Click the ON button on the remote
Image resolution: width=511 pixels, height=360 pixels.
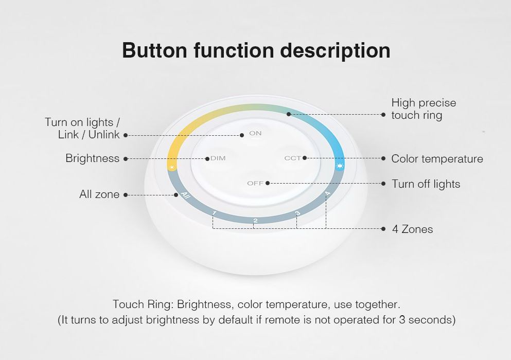pos(255,133)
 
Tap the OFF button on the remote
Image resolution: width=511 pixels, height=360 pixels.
pos(255,183)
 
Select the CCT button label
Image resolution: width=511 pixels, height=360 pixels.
pos(293,158)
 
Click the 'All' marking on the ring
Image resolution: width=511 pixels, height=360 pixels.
pos(185,195)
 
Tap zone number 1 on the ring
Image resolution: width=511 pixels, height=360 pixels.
pos(214,213)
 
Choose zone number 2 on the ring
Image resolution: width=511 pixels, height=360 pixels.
pos(255,221)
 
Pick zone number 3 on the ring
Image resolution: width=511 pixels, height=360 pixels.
pos(297,213)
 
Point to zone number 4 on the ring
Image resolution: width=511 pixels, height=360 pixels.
pos(327,193)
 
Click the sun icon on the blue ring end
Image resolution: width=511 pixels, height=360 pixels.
pos(340,166)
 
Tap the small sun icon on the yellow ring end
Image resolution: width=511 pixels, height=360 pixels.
pos(172,168)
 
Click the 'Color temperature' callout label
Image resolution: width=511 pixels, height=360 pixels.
pos(437,159)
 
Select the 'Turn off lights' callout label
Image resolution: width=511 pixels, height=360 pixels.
pos(426,184)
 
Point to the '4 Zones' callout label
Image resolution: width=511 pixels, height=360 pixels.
pos(412,229)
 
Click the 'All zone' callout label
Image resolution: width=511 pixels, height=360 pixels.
pos(99,194)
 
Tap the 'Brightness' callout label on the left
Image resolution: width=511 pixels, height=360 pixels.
pos(93,158)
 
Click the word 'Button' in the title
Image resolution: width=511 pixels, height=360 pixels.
pos(154,50)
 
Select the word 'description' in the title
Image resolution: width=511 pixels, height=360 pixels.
pos(335,51)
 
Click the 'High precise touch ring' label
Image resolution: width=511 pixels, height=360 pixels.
pos(424,109)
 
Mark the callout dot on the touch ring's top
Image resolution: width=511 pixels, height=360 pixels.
pos(288,114)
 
